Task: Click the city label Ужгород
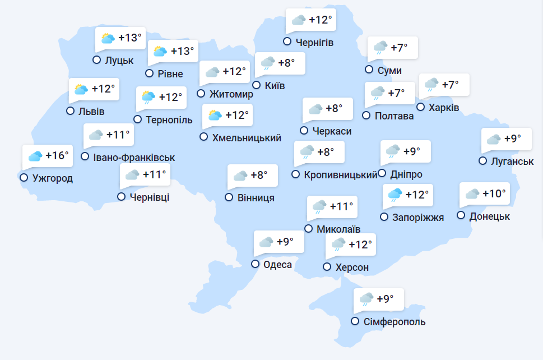point(53,178)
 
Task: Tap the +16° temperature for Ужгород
point(57,155)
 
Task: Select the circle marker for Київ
point(257,85)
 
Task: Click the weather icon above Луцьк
point(108,38)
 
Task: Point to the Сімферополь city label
point(395,322)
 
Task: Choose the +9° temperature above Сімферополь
point(385,299)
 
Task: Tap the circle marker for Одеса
point(256,264)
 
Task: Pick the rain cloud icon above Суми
point(380,48)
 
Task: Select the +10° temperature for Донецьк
point(494,193)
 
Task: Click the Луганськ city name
point(513,161)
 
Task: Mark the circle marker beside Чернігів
point(287,41)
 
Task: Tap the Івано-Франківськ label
point(134,158)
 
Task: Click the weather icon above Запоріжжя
point(396,195)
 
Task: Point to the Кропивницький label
point(341,175)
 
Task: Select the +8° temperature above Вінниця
point(259,175)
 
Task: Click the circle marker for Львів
point(70,111)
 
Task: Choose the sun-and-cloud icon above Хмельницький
point(215,116)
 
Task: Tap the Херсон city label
point(352,267)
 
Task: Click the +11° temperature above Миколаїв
point(342,206)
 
